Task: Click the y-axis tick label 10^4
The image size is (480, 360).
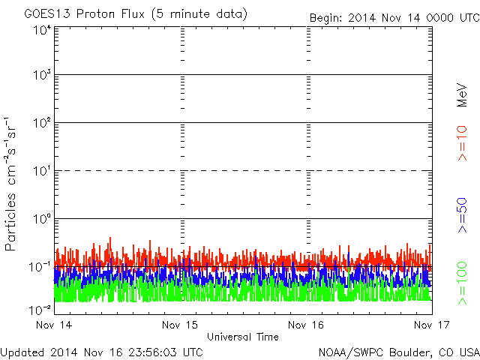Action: tap(42, 30)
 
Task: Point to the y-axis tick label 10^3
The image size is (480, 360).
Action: tap(42, 76)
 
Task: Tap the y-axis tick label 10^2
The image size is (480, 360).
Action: tap(42, 123)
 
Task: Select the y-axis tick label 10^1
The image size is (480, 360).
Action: tap(42, 171)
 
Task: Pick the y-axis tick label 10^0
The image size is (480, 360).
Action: tap(42, 219)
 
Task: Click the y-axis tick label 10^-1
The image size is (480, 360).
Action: tap(40, 267)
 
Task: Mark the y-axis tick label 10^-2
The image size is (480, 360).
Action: tap(40, 309)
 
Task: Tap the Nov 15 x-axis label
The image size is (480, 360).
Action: tap(180, 325)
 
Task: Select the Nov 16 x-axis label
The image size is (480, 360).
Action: tap(306, 325)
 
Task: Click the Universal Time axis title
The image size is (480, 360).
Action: tap(242, 337)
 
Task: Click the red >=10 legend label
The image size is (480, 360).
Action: tap(463, 142)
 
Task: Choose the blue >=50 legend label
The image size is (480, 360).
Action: tap(463, 213)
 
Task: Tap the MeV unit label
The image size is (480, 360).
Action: tap(463, 96)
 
